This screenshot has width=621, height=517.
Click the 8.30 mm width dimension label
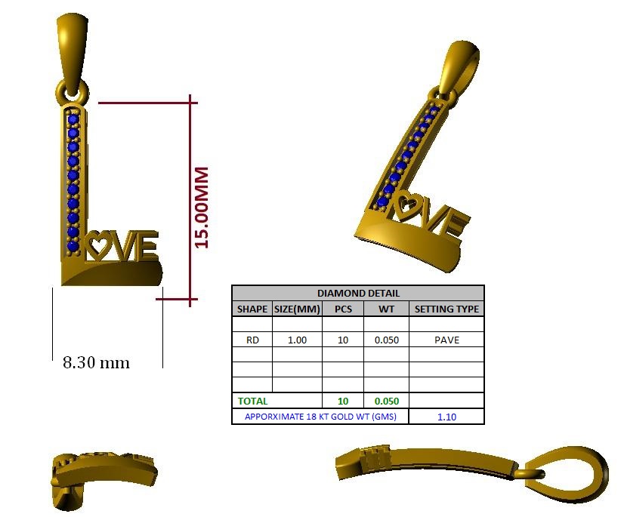coord(96,362)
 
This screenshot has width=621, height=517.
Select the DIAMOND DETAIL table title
coord(357,293)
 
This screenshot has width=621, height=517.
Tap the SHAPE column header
coord(252,309)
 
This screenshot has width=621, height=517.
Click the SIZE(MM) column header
coord(297,309)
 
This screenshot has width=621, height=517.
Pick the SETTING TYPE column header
coord(446,309)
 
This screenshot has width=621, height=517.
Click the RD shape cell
coord(252,340)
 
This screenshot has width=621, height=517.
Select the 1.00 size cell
coord(297,340)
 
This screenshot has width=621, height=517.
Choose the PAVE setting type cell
coord(446,340)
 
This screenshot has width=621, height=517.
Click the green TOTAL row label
coord(252,402)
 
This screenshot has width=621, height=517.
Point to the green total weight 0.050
coord(386,402)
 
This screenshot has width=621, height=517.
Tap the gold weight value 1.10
coord(446,417)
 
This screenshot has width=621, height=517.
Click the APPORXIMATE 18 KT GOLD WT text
coord(320,417)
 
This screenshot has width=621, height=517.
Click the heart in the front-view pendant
coord(97,245)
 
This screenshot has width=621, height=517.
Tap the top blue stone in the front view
coord(73,118)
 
